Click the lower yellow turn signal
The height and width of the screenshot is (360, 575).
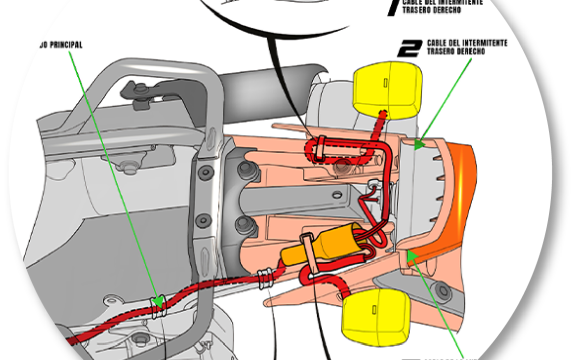click(375, 316)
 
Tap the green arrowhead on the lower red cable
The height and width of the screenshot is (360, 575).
click(157, 302)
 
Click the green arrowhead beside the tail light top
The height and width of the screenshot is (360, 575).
click(419, 143)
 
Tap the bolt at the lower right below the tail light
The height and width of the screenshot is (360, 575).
click(441, 289)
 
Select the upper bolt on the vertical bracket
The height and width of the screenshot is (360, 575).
click(204, 173)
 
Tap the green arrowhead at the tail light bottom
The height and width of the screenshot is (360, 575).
click(411, 256)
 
